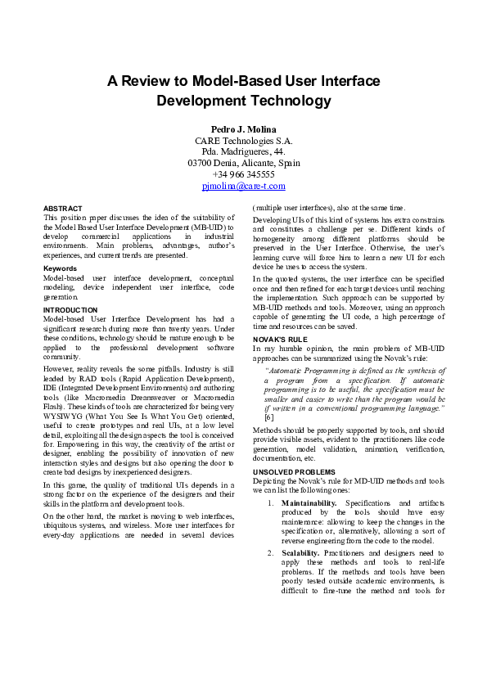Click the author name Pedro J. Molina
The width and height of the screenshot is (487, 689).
tap(243, 129)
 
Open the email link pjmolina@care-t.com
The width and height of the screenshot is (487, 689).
tap(243, 186)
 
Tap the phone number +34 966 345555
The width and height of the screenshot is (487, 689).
tap(243, 174)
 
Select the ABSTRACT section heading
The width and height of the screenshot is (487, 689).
tap(62, 209)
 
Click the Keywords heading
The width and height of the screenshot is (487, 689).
tap(61, 268)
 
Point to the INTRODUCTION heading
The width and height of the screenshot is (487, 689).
tap(70, 310)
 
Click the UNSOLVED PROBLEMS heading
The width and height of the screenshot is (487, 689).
tap(294, 472)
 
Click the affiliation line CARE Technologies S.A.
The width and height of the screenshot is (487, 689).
tap(243, 141)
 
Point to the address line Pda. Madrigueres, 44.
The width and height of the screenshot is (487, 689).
tap(243, 151)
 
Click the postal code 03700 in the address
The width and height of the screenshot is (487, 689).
tap(201, 163)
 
